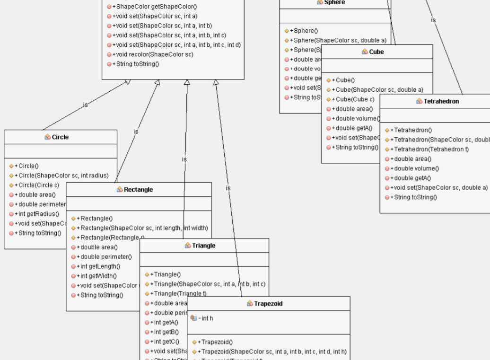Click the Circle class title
coord(60,137)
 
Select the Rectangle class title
coord(138,190)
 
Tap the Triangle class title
coord(204,246)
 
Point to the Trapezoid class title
coord(268,304)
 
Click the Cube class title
coord(376,52)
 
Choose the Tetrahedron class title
coord(441,101)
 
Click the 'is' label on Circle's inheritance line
coord(85,105)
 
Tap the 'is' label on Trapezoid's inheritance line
coord(228,188)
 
